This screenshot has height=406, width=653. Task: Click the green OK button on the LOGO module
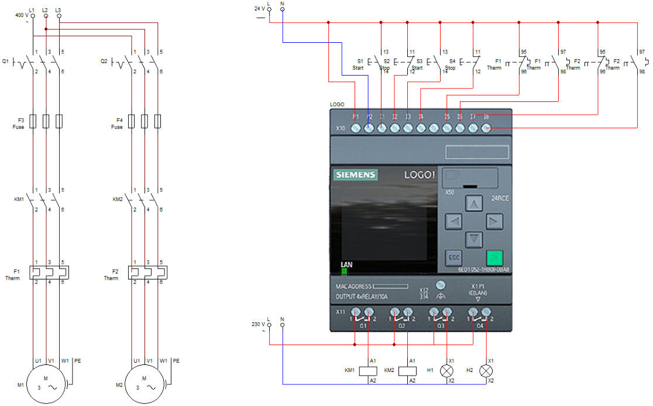pyautogui.click(x=494, y=258)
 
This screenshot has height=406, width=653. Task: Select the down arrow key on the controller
pyautogui.click(x=473, y=239)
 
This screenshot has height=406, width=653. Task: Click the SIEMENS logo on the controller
pyautogui.click(x=356, y=175)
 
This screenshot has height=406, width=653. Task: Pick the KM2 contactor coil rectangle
pyautogui.click(x=408, y=370)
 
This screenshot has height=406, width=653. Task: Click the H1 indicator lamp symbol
pyautogui.click(x=448, y=370)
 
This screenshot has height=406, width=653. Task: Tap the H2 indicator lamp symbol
pyautogui.click(x=486, y=370)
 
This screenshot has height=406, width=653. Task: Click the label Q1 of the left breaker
pyautogui.click(x=6, y=61)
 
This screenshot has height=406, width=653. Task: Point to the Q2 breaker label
pyautogui.click(x=104, y=61)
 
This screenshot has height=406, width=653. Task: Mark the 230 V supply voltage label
pyautogui.click(x=258, y=324)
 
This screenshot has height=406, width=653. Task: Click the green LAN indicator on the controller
pyautogui.click(x=344, y=271)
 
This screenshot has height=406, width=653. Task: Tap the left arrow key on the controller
pyautogui.click(x=454, y=221)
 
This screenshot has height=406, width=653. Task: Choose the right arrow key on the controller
pyautogui.click(x=494, y=221)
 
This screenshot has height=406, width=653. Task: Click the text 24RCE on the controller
pyautogui.click(x=500, y=199)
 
